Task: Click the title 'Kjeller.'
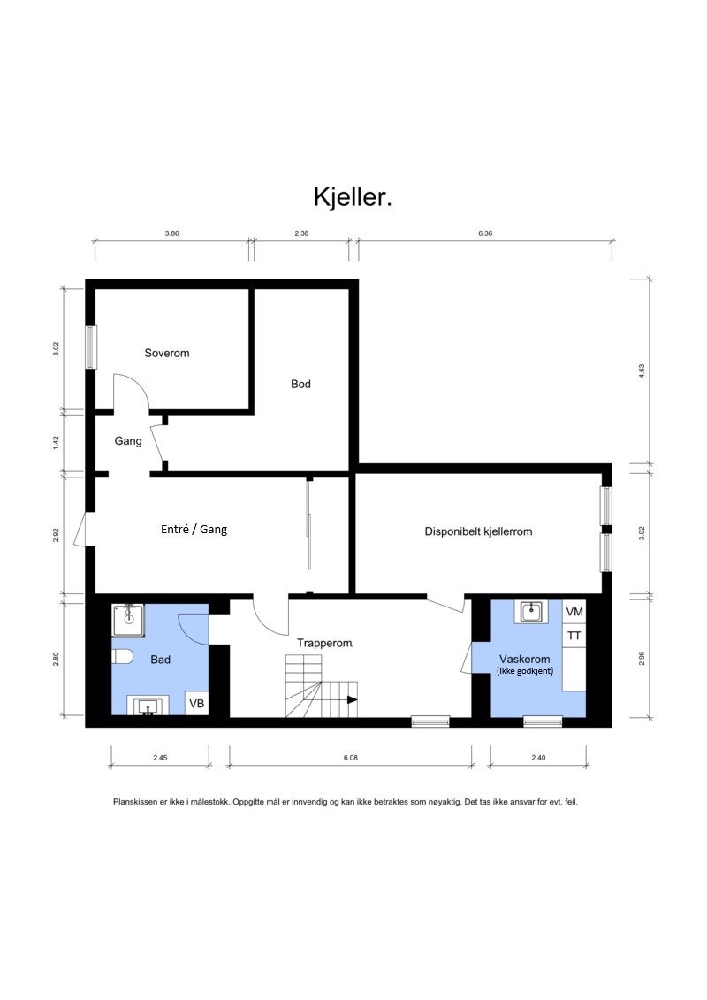353,197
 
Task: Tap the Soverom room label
167,353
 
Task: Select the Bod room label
300,384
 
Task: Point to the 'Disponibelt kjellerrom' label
478,531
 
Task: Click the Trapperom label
324,644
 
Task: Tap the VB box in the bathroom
197,704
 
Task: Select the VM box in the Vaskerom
574,612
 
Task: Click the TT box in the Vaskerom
574,635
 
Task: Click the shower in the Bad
130,620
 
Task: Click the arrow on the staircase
351,699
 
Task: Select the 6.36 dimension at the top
484,233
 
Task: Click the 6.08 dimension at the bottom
350,757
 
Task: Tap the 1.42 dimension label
56,440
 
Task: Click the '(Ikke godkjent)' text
524,672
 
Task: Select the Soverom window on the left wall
91,347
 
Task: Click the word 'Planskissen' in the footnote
136,802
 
